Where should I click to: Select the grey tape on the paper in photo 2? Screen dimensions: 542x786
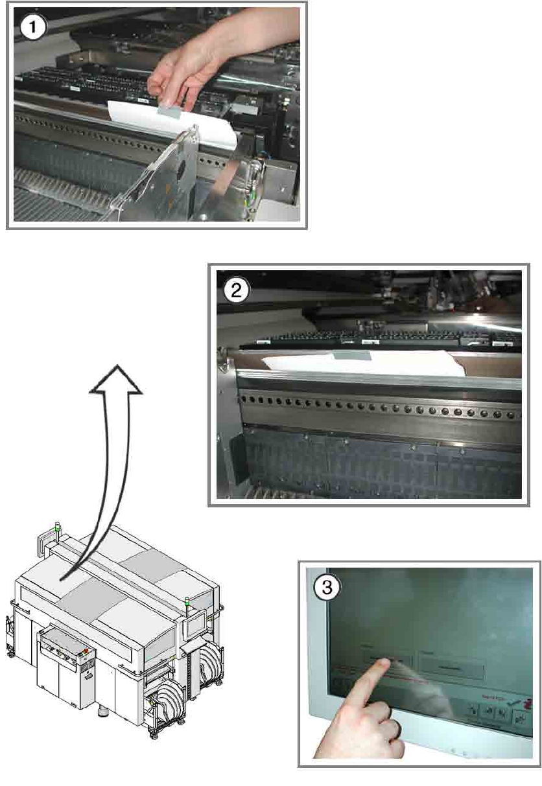click(351, 355)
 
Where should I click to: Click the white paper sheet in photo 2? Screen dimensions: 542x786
click(402, 366)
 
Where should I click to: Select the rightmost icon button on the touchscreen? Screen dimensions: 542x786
click(519, 717)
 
